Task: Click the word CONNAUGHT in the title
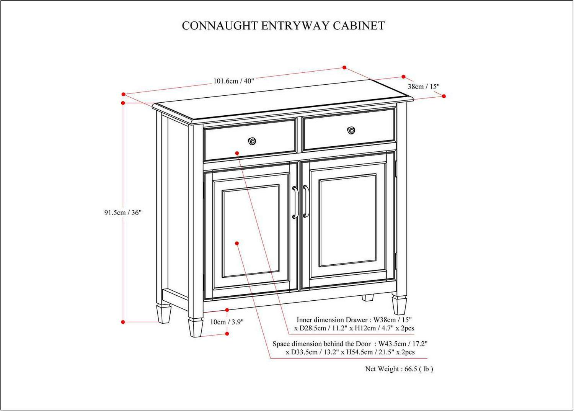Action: pyautogui.click(x=220, y=26)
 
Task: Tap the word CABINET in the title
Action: pyautogui.click(x=359, y=26)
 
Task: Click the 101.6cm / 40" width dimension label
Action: pyautogui.click(x=234, y=81)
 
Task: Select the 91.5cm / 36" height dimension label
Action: pyautogui.click(x=123, y=213)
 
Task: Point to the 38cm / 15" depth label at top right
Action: pyautogui.click(x=424, y=87)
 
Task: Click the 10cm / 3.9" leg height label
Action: pyautogui.click(x=227, y=322)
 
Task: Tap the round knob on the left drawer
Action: pyautogui.click(x=252, y=141)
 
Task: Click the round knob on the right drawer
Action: pyautogui.click(x=351, y=130)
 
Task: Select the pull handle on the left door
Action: pyautogui.click(x=295, y=202)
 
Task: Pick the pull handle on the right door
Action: pyautogui.click(x=306, y=201)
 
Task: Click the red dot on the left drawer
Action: pyautogui.click(x=237, y=153)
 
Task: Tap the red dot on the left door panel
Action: pyautogui.click(x=237, y=243)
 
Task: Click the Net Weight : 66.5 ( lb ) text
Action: pyautogui.click(x=399, y=369)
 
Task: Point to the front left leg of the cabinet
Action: pyautogui.click(x=196, y=327)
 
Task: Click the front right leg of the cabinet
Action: pyautogui.click(x=399, y=305)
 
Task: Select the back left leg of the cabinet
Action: pyautogui.click(x=163, y=313)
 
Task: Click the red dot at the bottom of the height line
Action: pyautogui.click(x=123, y=322)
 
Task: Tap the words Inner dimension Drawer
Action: pyautogui.click(x=333, y=320)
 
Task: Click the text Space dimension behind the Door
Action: pyautogui.click(x=321, y=344)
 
